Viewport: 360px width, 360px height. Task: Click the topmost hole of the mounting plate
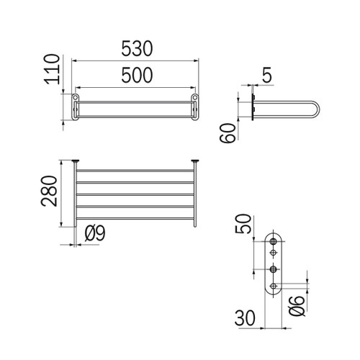click(x=274, y=242)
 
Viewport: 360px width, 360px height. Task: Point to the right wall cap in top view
click(x=194, y=161)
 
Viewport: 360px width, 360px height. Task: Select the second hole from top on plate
click(x=274, y=253)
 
